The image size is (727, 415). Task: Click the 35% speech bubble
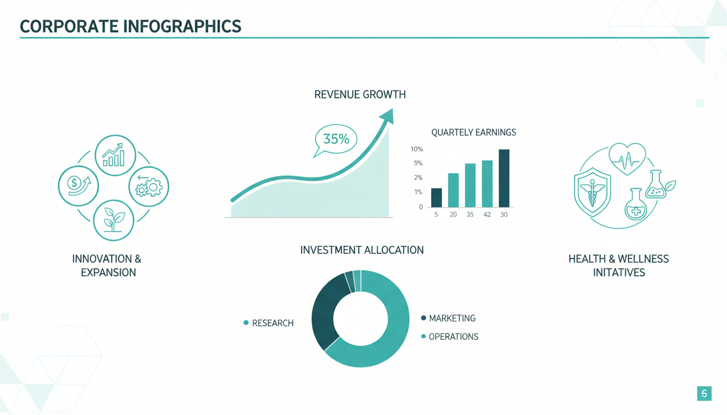[x=335, y=140]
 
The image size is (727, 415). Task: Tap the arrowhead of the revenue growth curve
[x=387, y=116]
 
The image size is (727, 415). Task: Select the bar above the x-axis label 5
[x=436, y=197]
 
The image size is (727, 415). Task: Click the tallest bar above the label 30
[x=504, y=178]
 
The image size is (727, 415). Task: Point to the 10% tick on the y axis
[x=417, y=149]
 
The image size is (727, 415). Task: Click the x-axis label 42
[x=487, y=215]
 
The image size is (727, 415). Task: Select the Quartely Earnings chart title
[x=473, y=132]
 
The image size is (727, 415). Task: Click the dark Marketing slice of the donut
[x=328, y=311]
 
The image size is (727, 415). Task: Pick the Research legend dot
[x=246, y=323]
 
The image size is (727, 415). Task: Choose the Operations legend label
[x=453, y=337]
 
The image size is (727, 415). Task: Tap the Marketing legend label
[x=452, y=318]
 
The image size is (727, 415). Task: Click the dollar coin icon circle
[x=78, y=186]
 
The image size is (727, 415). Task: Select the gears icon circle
[x=149, y=186]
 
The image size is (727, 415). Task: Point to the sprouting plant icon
[x=114, y=220]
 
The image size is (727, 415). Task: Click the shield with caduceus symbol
[x=592, y=192]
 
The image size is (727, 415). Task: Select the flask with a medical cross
[x=636, y=204]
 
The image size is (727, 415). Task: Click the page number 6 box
[x=704, y=393]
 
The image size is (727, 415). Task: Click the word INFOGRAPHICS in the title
[x=182, y=26]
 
